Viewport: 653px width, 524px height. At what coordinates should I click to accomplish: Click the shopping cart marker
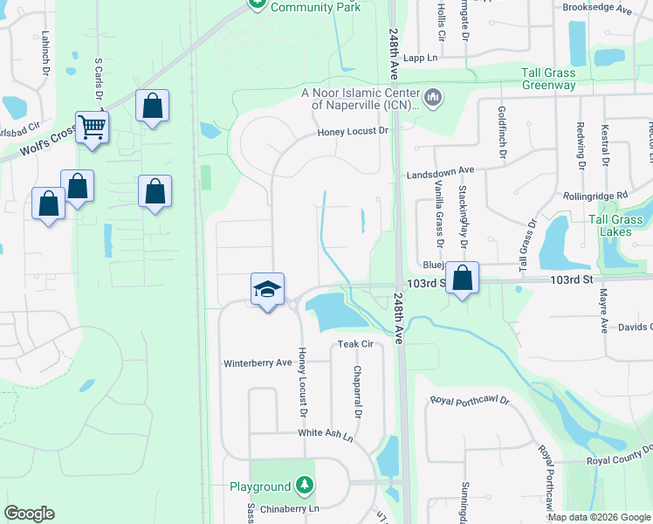(x=91, y=127)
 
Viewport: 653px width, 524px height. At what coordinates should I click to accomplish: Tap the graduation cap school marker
(x=268, y=289)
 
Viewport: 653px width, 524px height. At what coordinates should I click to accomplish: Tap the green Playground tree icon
(x=303, y=484)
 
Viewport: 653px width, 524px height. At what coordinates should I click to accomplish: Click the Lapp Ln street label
(x=420, y=56)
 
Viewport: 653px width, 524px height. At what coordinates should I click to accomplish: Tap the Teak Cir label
(x=355, y=344)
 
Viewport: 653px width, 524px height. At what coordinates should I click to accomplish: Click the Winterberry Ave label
(x=257, y=362)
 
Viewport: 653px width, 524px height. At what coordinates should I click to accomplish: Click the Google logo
(x=29, y=514)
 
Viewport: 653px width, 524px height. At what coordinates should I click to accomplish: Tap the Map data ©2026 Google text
(x=599, y=517)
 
